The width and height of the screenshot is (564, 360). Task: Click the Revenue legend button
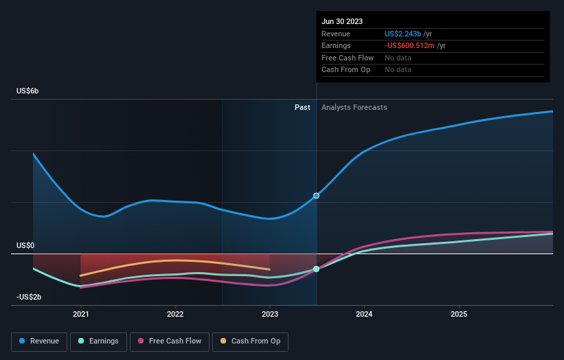click(40, 341)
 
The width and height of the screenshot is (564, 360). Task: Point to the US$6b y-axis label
click(27, 91)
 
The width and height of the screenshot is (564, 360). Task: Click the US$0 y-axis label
click(25, 245)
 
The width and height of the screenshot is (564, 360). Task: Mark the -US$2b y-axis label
click(30, 297)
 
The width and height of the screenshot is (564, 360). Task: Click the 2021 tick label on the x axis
click(81, 314)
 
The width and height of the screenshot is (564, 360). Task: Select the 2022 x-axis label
click(175, 314)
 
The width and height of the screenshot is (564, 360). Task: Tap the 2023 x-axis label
click(270, 314)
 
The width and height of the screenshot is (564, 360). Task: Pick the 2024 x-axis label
click(364, 314)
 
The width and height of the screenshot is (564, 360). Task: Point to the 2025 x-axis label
click(459, 314)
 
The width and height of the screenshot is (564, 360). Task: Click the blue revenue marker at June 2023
click(316, 196)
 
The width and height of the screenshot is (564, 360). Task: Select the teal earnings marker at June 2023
click(316, 269)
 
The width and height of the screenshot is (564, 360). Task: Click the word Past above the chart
click(302, 107)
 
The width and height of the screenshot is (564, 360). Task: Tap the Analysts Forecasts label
click(354, 107)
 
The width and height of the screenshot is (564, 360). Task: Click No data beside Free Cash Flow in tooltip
click(398, 58)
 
